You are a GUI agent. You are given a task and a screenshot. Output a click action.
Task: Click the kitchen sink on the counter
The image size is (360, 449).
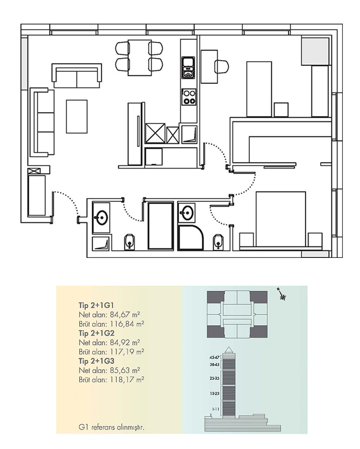pyautogui.click(x=188, y=68)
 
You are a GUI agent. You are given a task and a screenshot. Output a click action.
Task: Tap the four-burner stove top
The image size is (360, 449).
pyautogui.click(x=189, y=97)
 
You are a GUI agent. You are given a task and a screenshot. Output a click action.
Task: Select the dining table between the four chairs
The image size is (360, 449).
pyautogui.click(x=140, y=58)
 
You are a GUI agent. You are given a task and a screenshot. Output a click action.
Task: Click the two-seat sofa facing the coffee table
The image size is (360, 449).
pyautogui.click(x=77, y=76)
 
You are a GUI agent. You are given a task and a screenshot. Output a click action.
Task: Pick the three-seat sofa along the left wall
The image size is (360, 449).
pyautogui.click(x=42, y=122)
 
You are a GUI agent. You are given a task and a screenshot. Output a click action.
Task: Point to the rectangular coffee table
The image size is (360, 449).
pyautogui.click(x=77, y=116)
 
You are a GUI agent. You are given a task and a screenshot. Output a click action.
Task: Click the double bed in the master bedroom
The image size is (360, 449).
pyautogui.click(x=281, y=219)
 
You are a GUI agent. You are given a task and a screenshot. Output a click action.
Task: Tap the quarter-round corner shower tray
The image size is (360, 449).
pyautogui.click(x=191, y=237)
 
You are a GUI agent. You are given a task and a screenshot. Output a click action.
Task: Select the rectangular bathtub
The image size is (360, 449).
pyautogui.click(x=161, y=226)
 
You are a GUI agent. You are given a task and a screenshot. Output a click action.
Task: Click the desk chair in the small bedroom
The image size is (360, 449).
pyautogui.click(x=222, y=66)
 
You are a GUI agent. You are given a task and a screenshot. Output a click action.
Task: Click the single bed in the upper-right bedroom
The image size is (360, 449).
pyautogui.click(x=259, y=89)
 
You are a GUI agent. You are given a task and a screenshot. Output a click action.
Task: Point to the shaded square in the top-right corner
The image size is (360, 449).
pyautogui.click(x=315, y=51)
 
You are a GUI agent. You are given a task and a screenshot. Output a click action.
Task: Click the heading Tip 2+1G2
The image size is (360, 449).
pyautogui.click(x=96, y=333)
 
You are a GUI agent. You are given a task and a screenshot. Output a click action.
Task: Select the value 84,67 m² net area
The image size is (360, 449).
pyautogui.click(x=125, y=314)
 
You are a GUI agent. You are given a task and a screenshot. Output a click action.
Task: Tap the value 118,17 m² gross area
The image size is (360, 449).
pyautogui.click(x=127, y=380)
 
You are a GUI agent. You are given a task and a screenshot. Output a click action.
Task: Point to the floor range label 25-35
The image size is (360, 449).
pyautogui.click(x=214, y=378)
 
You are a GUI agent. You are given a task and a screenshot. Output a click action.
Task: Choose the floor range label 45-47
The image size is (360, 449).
pyautogui.click(x=214, y=358)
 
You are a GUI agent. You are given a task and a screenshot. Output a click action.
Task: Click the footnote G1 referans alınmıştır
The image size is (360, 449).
pyautogui.click(x=111, y=428)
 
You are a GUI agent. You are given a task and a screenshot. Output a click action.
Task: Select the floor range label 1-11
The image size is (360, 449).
pyautogui.click(x=215, y=409)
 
